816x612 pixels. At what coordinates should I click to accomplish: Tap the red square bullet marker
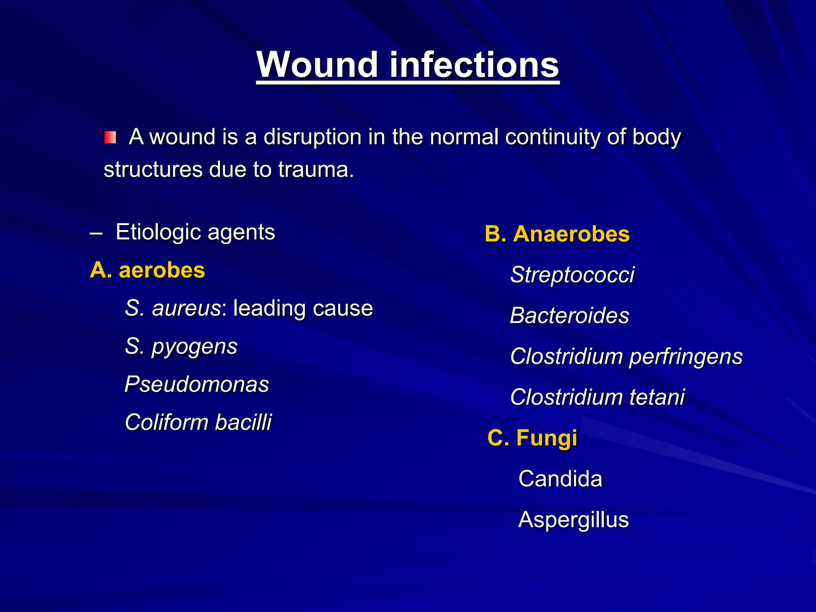point(110,137)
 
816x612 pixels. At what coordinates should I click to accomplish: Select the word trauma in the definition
point(316,170)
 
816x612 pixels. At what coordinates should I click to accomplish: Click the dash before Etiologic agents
point(96,233)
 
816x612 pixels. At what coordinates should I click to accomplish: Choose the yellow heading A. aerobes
point(147,271)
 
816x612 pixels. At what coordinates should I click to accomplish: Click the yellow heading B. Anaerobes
point(557,234)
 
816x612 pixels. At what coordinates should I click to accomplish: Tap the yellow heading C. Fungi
point(532,438)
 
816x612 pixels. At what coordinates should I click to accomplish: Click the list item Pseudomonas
point(197,384)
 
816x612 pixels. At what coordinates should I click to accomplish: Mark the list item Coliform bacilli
point(198,422)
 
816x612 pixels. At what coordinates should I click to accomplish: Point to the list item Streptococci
point(572,275)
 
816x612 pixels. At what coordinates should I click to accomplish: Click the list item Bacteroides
point(569,316)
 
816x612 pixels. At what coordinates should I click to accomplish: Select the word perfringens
point(685,357)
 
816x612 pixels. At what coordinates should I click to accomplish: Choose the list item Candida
point(560,479)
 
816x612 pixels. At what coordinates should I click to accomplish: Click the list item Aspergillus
point(573,520)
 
